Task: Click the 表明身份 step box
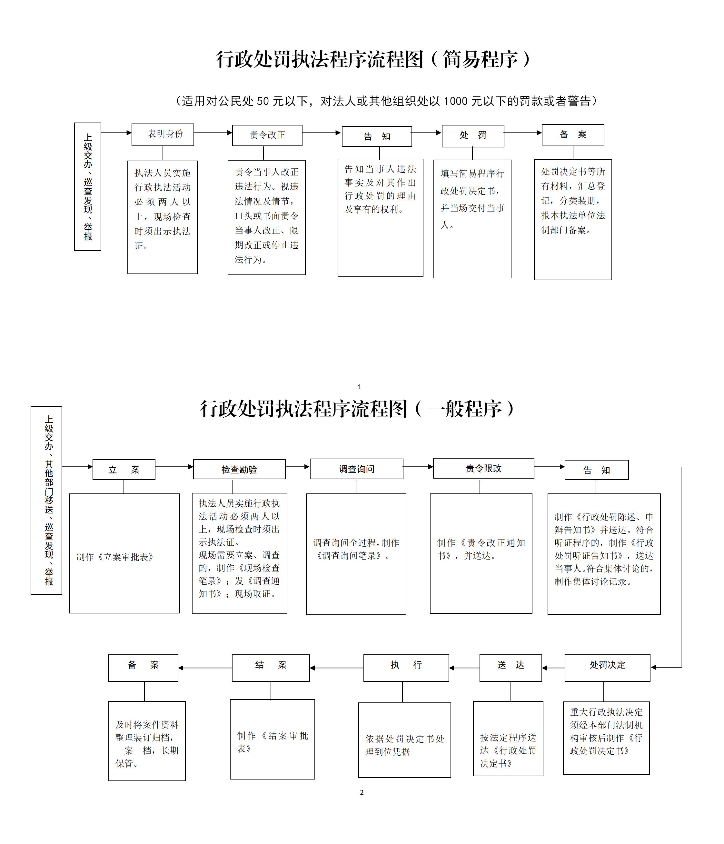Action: pos(163,134)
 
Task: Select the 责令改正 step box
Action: pos(267,135)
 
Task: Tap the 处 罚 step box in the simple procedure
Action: pos(473,136)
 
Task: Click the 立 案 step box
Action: pos(124,470)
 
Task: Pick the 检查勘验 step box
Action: pos(239,469)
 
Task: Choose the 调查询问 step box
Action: pos(356,469)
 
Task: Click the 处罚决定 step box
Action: pos(607,668)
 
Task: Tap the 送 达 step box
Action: pos(511,668)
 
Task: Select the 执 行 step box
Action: pos(406,668)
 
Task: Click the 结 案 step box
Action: pos(271,668)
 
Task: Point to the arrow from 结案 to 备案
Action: pos(205,668)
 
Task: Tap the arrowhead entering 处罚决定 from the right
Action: pos(653,667)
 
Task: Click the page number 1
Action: pos(359,387)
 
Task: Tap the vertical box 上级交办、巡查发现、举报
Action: pos(88,186)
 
